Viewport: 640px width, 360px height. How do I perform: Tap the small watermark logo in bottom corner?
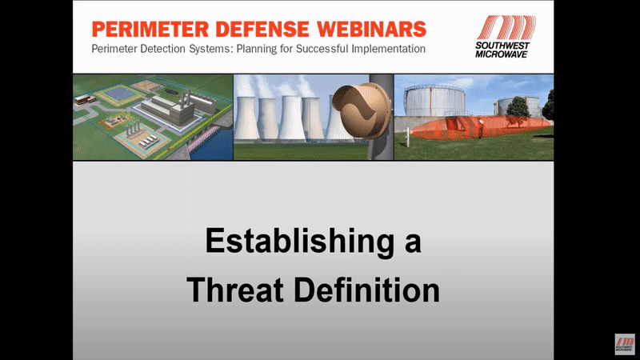[x=625, y=344]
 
